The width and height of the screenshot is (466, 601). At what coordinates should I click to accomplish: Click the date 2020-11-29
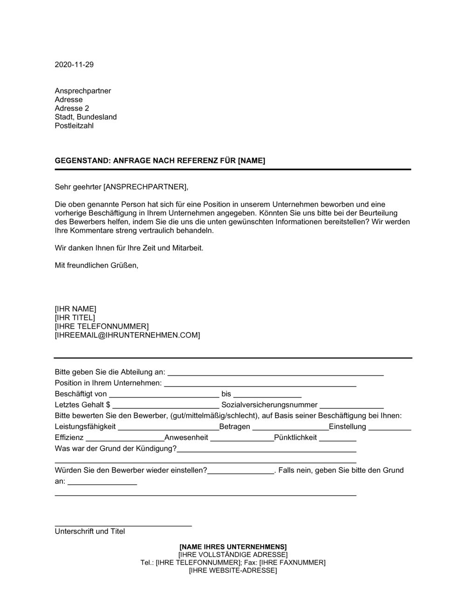click(x=74, y=65)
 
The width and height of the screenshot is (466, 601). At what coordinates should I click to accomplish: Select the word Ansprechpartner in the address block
click(x=83, y=91)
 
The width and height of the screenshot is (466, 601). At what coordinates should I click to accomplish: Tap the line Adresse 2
click(x=72, y=108)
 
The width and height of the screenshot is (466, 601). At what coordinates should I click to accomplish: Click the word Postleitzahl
click(x=74, y=126)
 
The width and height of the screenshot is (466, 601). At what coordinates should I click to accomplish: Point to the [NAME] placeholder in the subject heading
click(x=251, y=161)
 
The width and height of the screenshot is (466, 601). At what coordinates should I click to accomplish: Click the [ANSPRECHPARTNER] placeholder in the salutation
click(x=145, y=187)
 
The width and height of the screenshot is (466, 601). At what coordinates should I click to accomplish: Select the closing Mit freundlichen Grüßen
click(x=96, y=266)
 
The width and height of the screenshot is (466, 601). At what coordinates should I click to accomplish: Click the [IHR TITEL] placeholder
click(x=75, y=317)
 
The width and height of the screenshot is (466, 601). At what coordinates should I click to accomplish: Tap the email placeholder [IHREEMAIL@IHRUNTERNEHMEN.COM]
click(x=127, y=335)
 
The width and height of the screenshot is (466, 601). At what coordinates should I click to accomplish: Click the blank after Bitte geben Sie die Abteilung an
click(x=275, y=373)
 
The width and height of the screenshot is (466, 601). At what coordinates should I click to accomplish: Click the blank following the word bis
click(x=267, y=395)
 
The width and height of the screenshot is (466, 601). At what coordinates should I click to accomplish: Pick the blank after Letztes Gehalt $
click(x=165, y=406)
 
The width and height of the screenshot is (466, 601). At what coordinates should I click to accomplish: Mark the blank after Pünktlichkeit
click(x=337, y=438)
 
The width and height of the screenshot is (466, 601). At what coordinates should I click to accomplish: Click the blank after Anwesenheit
click(x=242, y=438)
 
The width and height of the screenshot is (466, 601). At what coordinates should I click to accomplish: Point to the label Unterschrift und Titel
click(x=90, y=531)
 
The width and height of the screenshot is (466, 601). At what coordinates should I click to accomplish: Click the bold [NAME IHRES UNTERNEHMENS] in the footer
click(x=233, y=546)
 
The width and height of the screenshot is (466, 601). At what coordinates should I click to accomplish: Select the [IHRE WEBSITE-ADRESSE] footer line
click(x=233, y=570)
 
